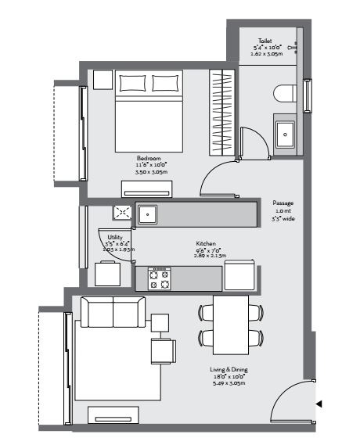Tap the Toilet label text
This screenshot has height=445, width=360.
(267, 41)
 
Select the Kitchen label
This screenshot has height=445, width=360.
(206, 244)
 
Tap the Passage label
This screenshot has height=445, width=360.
(283, 203)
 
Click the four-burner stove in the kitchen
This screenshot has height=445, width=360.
(159, 278)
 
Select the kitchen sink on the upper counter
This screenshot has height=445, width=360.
(148, 214)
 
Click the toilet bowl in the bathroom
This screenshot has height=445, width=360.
(286, 95)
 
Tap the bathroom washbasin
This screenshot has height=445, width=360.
(285, 134)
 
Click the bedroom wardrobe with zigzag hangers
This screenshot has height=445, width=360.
(223, 113)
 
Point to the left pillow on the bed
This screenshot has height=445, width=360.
(131, 84)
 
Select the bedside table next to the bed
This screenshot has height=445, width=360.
(102, 81)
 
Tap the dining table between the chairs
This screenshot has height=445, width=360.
(230, 325)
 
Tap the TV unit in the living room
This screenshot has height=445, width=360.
(113, 415)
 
